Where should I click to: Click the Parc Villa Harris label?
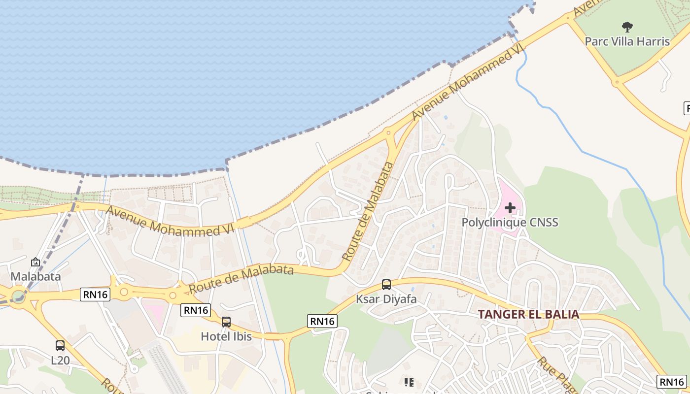[x=627, y=41]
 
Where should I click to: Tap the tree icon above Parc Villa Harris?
[x=627, y=27]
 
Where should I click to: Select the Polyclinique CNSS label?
[x=510, y=222]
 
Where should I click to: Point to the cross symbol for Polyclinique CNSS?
[x=510, y=208]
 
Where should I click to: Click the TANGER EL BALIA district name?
[x=528, y=314]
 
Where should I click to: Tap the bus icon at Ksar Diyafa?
[x=386, y=285]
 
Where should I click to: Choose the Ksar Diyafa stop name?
[x=386, y=299]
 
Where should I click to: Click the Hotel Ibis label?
[x=226, y=336]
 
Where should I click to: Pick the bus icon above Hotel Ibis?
[x=226, y=322]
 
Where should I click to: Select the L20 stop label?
[x=60, y=360]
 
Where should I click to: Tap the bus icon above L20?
[x=60, y=346]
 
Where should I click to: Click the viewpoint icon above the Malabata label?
[x=35, y=262]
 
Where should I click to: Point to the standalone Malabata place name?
[x=35, y=276]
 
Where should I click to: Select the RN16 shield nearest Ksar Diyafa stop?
[x=322, y=321]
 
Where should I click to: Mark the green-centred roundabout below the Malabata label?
[x=18, y=296]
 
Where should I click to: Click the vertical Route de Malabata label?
[x=368, y=212]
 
